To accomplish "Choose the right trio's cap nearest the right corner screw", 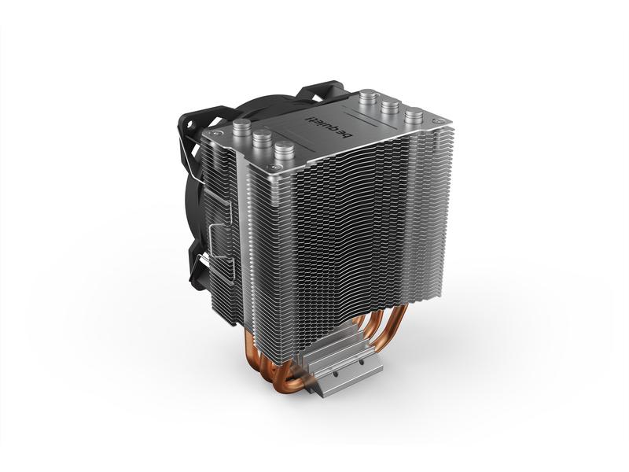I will pos(410,116).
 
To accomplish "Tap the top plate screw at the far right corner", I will pos(430,126).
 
